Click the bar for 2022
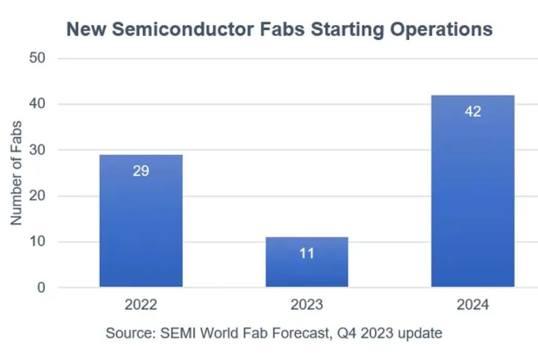pyautogui.click(x=141, y=221)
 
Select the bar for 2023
pyautogui.click(x=306, y=263)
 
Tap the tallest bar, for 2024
pyautogui.click(x=472, y=191)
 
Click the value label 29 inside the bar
pyautogui.click(x=141, y=171)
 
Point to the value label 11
pyautogui.click(x=306, y=253)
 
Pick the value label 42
pyautogui.click(x=472, y=111)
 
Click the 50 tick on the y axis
pyautogui.click(x=36, y=58)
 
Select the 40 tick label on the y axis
pyautogui.click(x=36, y=104)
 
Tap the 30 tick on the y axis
pyautogui.click(x=36, y=150)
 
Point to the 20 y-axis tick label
pyautogui.click(x=36, y=196)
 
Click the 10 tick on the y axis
pyautogui.click(x=36, y=242)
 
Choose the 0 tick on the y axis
pyautogui.click(x=40, y=288)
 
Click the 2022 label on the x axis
pyautogui.click(x=141, y=305)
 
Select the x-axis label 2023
pyautogui.click(x=306, y=305)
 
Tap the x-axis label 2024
pyautogui.click(x=472, y=305)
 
